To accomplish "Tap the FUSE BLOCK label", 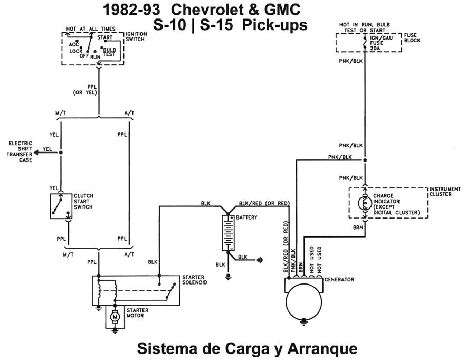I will click(x=412, y=37).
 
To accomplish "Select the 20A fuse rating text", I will click(x=375, y=48).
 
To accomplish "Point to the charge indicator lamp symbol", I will click(x=364, y=202).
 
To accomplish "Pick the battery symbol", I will click(x=229, y=232).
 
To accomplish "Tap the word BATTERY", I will click(x=247, y=217).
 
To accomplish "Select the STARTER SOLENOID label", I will click(x=194, y=280).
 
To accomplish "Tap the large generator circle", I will click(x=305, y=306).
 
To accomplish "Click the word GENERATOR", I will click(x=339, y=279).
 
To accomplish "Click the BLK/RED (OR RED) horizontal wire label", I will click(x=264, y=203).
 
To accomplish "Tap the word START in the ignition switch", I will click(x=104, y=37).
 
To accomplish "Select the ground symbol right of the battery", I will click(x=259, y=259).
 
